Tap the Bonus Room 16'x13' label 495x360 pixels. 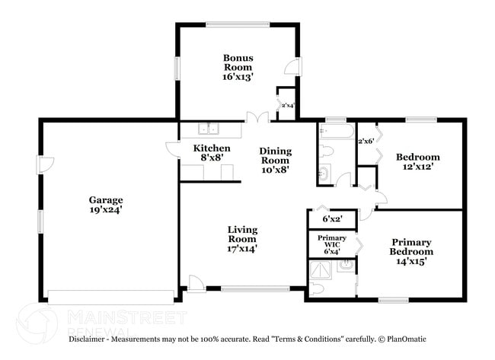[x=238, y=67]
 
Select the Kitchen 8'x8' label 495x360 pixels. [x=211, y=153]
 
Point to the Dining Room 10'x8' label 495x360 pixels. [x=275, y=161]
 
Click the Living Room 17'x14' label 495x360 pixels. [x=243, y=239]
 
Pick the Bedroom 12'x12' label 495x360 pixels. [x=418, y=162]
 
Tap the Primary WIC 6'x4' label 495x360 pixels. [x=331, y=244]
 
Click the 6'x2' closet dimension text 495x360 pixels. [x=331, y=219]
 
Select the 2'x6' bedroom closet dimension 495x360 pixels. [x=366, y=141]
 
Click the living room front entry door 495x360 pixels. [x=196, y=283]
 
